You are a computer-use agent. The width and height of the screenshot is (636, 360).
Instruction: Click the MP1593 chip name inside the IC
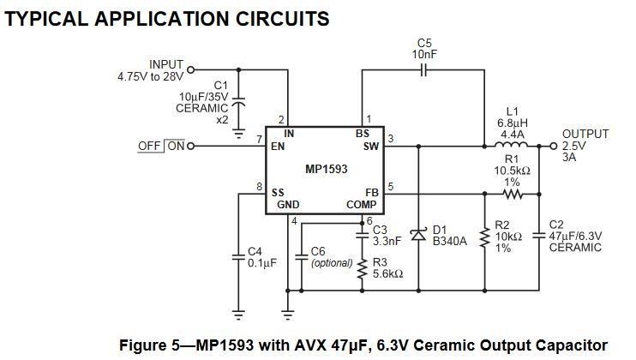(x=326, y=169)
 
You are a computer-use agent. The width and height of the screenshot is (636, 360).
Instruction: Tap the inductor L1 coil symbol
(x=511, y=144)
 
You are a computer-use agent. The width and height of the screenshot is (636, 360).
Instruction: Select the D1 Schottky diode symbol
(x=418, y=235)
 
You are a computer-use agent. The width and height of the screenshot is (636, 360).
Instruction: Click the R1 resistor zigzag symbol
(x=513, y=195)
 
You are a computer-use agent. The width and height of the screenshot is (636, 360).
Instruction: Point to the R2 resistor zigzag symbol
(x=484, y=238)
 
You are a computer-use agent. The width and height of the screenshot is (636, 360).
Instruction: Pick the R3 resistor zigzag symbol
(x=363, y=268)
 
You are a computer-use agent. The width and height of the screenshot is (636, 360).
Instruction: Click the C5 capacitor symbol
(x=423, y=70)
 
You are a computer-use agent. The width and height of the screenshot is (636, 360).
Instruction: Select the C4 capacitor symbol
(x=238, y=256)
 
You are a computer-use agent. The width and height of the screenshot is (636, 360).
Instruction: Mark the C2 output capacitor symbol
(x=539, y=235)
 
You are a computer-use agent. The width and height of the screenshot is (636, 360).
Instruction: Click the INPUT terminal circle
(x=190, y=69)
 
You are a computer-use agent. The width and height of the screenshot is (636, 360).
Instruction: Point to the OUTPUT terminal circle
(x=553, y=146)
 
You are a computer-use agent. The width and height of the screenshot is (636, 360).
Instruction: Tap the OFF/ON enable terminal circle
(x=190, y=146)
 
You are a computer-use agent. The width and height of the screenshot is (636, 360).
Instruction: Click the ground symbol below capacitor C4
(x=238, y=315)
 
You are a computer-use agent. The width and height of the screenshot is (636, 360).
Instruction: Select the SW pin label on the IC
(x=371, y=146)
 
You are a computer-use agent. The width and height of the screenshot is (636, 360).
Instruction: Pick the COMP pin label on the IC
(x=361, y=205)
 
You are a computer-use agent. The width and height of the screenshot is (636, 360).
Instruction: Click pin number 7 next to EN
(x=259, y=140)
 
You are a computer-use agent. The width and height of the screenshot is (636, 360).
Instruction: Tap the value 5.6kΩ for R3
(x=387, y=274)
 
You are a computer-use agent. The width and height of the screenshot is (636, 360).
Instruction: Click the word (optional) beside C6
(x=332, y=263)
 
